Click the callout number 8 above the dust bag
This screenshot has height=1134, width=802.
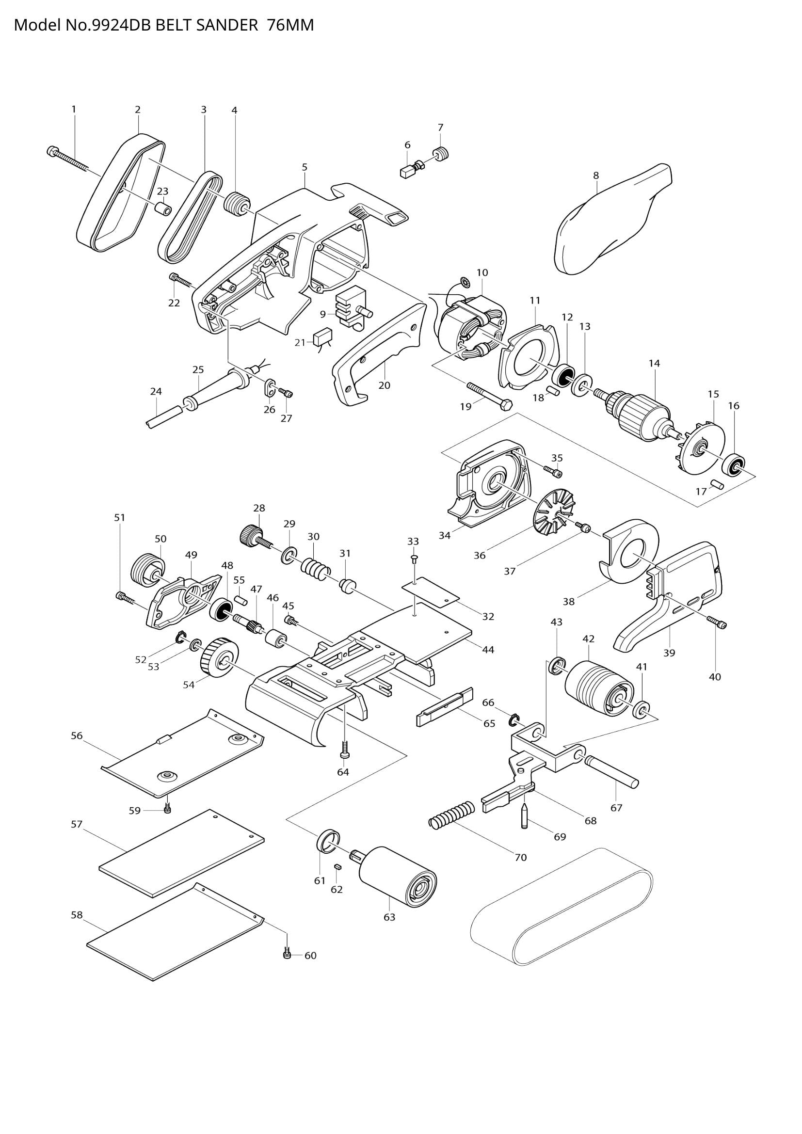596,175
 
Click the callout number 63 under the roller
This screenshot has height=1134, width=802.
389,917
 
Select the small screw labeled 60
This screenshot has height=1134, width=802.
287,955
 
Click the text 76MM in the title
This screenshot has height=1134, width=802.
290,25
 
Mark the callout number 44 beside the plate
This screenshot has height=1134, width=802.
488,650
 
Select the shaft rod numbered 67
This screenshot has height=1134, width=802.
612,773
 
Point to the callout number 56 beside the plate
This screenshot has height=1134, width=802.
77,735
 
